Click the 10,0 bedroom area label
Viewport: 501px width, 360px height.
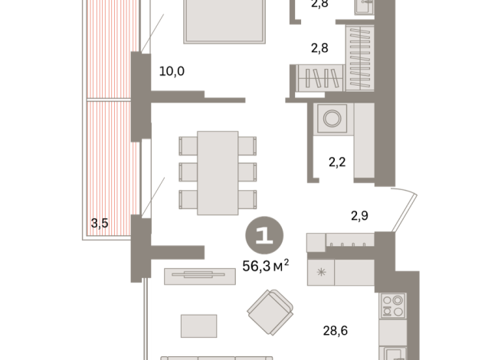[172, 71]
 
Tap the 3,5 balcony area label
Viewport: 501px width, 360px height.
[100, 223]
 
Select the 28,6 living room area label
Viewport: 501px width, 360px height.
[336, 331]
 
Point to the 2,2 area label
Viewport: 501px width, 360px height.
[337, 162]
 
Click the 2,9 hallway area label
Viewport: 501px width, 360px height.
[359, 216]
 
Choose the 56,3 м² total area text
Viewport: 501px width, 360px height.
[266, 266]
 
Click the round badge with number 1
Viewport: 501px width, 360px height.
[264, 235]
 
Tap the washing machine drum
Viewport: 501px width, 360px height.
[332, 118]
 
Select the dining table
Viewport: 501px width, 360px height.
[218, 173]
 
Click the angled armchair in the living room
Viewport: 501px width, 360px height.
[270, 312]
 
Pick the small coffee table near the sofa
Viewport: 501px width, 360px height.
[198, 326]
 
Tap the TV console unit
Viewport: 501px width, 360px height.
[200, 277]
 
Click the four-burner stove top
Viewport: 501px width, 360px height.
[393, 306]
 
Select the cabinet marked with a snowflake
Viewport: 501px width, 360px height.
[321, 272]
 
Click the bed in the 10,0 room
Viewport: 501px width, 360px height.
[224, 21]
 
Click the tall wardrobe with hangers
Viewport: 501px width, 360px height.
[360, 58]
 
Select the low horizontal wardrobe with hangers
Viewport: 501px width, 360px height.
[320, 78]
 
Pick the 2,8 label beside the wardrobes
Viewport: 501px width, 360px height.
[319, 48]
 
